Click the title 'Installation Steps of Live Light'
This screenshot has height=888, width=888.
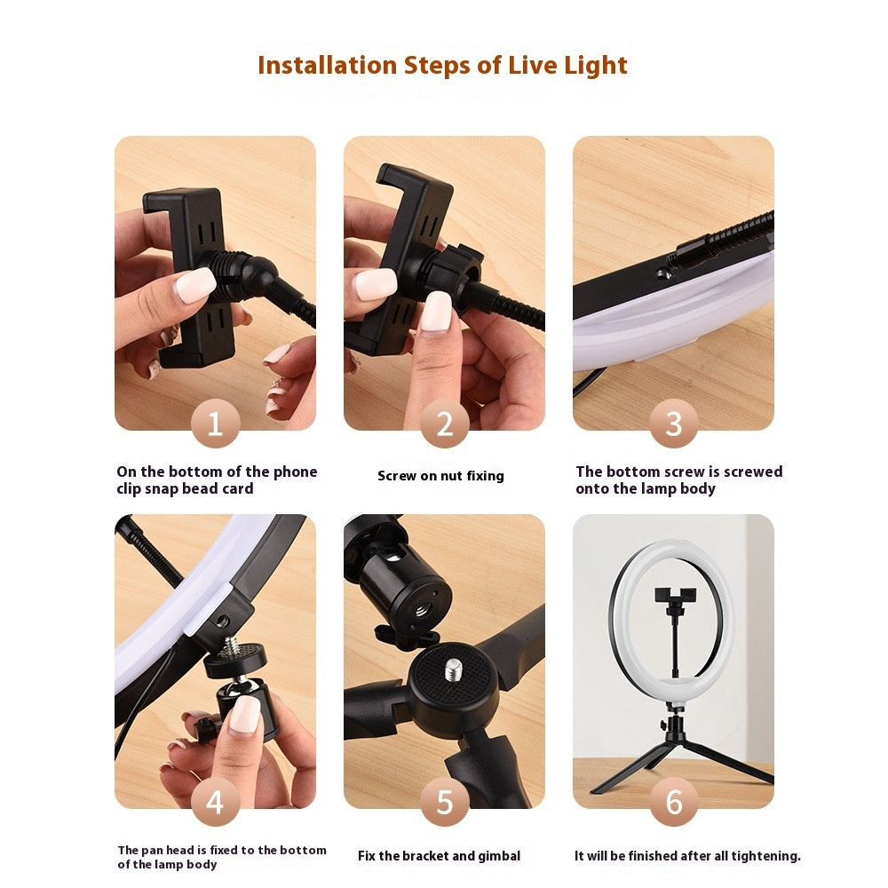pos(442,66)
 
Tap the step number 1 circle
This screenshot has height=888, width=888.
pos(215,424)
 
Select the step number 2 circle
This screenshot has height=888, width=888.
pos(444,424)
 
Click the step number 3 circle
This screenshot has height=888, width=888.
pos(673,424)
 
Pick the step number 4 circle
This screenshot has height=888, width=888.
pos(215,802)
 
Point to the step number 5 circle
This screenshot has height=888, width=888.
pos(444,802)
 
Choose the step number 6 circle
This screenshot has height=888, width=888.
pos(673,802)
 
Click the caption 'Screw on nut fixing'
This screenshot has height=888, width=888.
pos(440,476)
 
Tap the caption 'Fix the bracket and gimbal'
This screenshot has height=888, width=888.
pos(439,856)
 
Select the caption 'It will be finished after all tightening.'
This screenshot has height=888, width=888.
pos(687,856)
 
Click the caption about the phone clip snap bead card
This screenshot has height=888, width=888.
pos(217,480)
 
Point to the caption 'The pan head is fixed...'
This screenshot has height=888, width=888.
pos(222,857)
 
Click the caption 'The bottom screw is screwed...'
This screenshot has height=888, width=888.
pos(678,480)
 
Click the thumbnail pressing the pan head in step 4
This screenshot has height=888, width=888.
pos(243,715)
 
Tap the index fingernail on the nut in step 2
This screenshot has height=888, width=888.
pos(437,312)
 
